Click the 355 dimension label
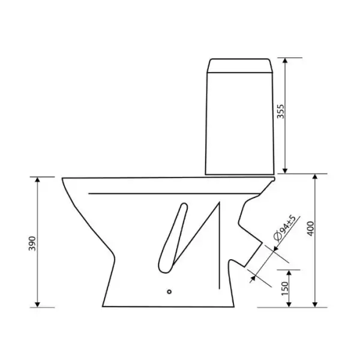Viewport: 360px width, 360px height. click(x=281, y=112)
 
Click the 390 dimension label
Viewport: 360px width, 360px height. click(x=32, y=244)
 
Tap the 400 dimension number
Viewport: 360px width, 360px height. click(x=310, y=229)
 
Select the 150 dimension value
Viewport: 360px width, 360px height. click(x=284, y=289)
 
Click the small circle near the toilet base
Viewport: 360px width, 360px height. click(x=169, y=292)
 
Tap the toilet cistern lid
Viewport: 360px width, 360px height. click(x=239, y=65)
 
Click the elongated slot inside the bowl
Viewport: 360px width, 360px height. click(x=173, y=238)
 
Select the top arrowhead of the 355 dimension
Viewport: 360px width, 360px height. click(x=285, y=61)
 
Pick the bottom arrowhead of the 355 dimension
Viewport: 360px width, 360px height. click(x=285, y=170)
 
